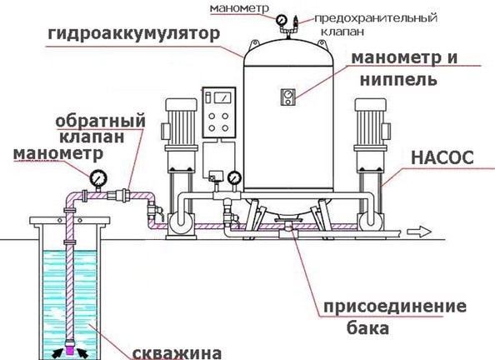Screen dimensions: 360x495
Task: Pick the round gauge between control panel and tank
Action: pyautogui.click(x=237, y=177)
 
